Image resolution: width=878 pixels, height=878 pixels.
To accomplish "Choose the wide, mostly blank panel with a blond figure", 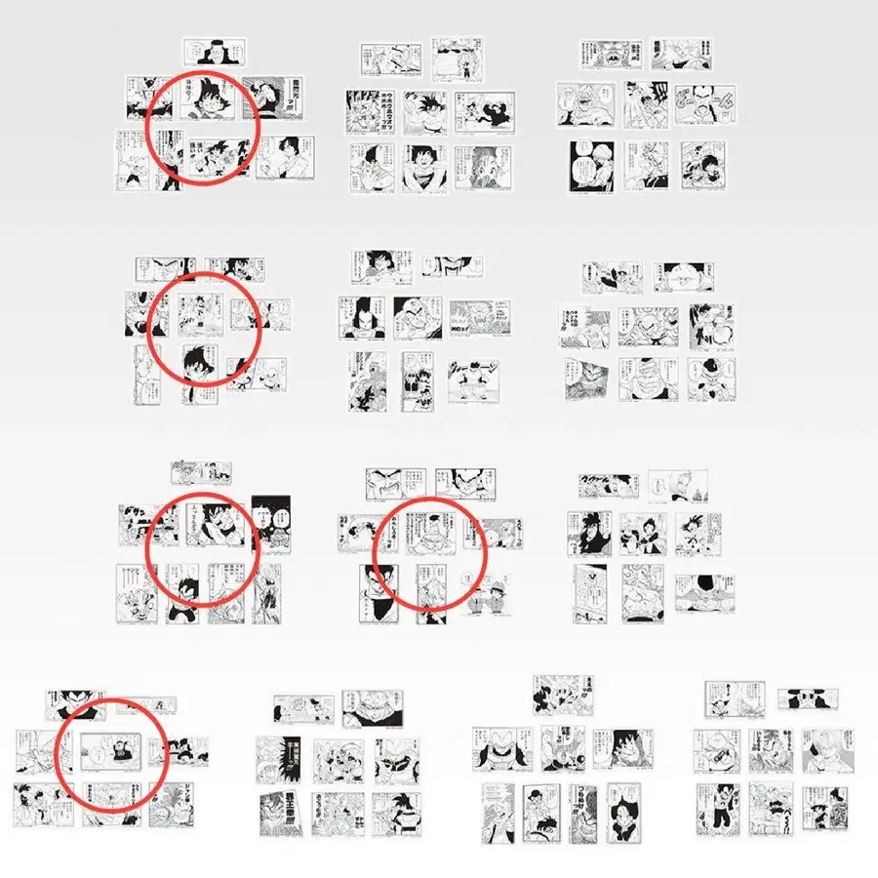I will point(676,486).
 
